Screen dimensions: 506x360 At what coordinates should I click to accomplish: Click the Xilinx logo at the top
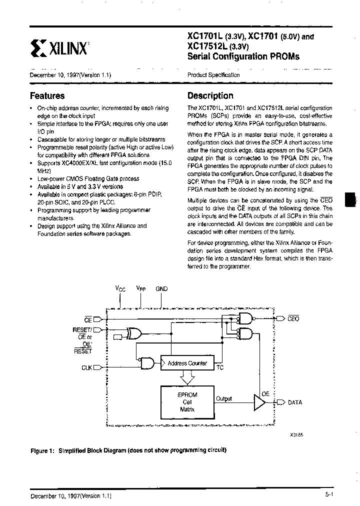point(59,47)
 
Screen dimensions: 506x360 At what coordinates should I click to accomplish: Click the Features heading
point(47,96)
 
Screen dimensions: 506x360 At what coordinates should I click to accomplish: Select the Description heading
point(210,96)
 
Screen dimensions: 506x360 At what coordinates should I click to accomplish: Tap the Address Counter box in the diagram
point(187,363)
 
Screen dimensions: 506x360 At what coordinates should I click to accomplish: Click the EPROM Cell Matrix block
point(187,401)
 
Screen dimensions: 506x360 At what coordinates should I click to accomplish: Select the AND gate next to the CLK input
point(147,363)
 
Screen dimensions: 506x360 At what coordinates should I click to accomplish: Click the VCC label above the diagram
point(120,289)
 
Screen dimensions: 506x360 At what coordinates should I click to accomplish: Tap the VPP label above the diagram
point(141,289)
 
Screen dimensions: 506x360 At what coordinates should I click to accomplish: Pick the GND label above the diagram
point(162,289)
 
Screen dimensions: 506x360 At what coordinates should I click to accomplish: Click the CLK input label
point(87,367)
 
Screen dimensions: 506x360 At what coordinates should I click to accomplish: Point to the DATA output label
point(295,402)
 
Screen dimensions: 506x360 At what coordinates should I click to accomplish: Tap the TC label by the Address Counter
point(219,368)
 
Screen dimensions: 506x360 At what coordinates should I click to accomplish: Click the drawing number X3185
point(296,435)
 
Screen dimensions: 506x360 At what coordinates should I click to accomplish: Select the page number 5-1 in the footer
point(328,495)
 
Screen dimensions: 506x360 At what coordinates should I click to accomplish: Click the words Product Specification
point(213,75)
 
